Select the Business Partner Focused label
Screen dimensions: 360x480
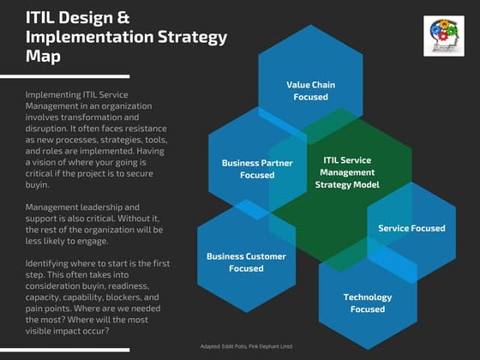(248, 168)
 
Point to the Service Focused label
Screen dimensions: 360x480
(411, 228)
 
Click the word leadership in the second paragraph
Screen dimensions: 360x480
(99, 207)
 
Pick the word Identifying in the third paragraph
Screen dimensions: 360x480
(51, 262)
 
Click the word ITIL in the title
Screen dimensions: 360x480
(43, 16)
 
